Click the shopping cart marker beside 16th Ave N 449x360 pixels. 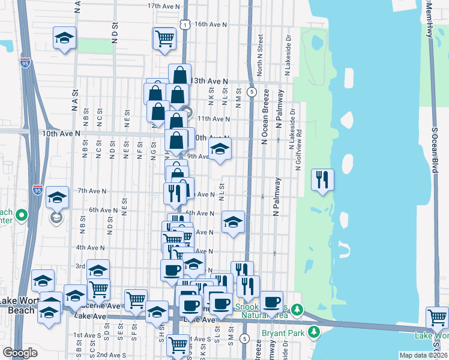point(164,38)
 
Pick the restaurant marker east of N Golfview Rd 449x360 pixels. point(322,180)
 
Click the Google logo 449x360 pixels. point(20,353)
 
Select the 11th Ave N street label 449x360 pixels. point(212,119)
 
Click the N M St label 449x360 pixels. point(238,98)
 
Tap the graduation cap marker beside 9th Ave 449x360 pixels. point(220,151)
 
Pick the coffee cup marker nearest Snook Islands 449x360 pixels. point(271,301)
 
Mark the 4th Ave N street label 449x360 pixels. point(90,247)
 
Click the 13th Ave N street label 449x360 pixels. point(210,80)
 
